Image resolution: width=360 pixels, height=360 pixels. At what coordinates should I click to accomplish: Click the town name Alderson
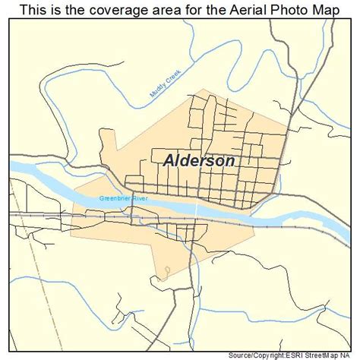click(199, 161)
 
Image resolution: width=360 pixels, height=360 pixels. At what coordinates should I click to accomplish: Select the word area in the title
click(173, 9)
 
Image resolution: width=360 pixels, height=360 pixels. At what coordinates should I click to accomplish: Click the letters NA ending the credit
click(353, 355)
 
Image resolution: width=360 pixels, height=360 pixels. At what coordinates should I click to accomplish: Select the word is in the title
click(58, 9)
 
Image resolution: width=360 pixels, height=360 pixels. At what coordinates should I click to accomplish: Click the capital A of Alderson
click(169, 161)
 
